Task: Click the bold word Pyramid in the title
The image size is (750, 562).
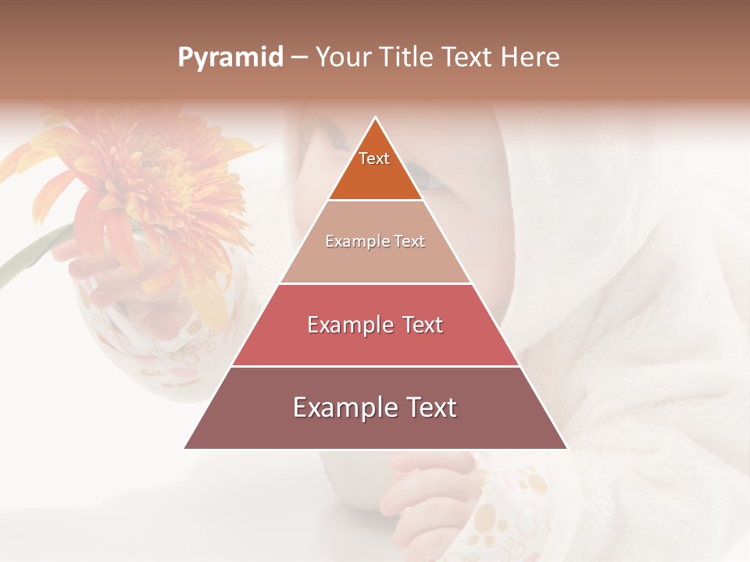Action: click(x=230, y=58)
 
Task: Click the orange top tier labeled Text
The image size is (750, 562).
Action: click(x=375, y=168)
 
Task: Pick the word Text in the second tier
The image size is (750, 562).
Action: click(x=409, y=241)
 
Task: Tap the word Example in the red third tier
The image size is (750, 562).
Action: click(x=348, y=325)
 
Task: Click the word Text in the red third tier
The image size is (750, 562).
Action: click(x=423, y=325)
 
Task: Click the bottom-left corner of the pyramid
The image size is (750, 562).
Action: click(x=185, y=448)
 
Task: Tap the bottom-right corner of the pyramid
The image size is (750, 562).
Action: click(x=566, y=448)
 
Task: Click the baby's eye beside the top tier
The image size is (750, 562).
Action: click(x=429, y=181)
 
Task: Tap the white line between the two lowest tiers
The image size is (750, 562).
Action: click(x=375, y=366)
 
